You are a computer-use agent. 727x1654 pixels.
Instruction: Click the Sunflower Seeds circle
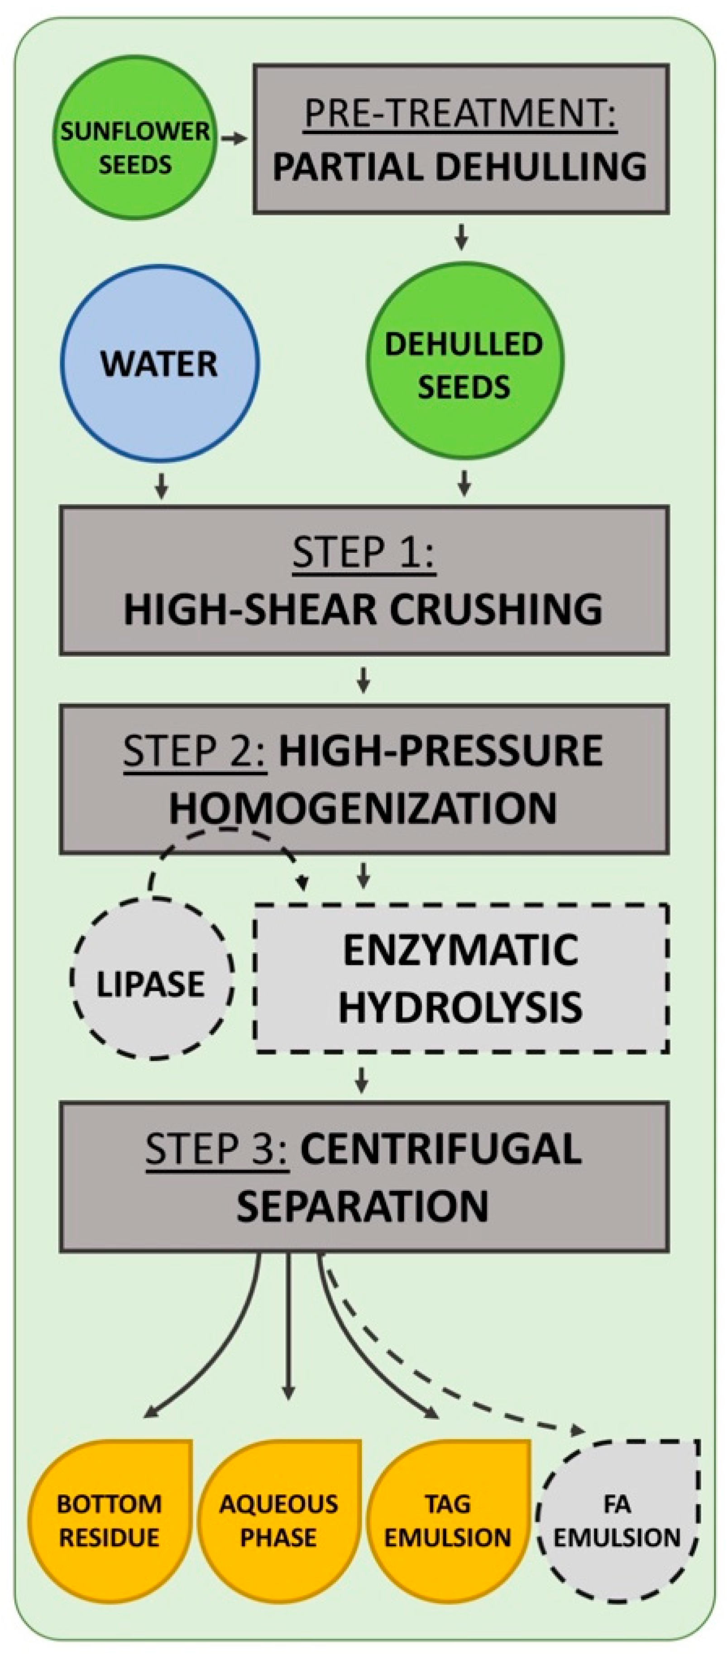click(135, 148)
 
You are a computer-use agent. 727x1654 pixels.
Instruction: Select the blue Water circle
click(160, 364)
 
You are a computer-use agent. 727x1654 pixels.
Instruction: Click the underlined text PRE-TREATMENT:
click(460, 114)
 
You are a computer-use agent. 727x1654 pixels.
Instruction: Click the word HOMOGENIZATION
click(363, 808)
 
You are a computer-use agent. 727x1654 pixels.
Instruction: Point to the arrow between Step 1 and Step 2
click(364, 681)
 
